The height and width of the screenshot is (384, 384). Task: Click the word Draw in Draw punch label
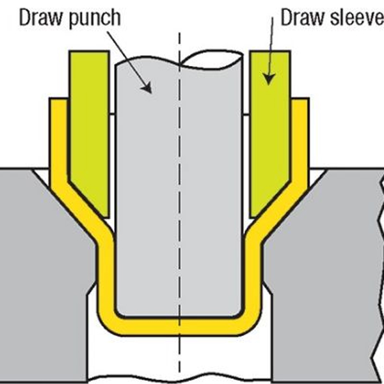click(39, 17)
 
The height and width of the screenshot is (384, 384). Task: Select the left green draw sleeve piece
click(89, 122)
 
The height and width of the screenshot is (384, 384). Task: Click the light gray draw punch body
click(180, 192)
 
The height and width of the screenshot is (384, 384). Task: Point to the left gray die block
click(38, 256)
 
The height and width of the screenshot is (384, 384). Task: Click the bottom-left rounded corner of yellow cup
click(108, 320)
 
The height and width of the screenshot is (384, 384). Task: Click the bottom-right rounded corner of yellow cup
click(252, 320)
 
